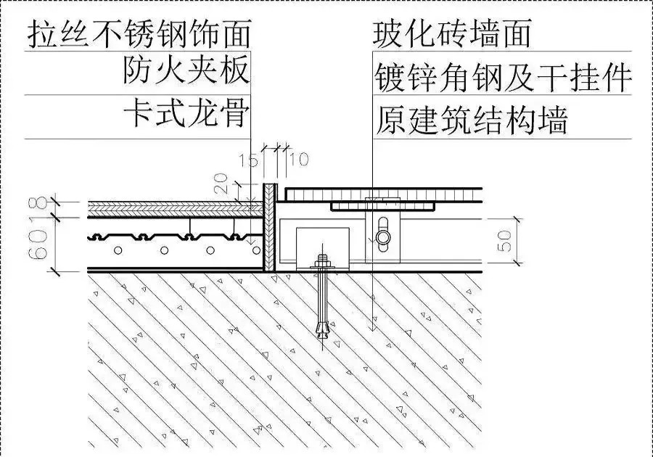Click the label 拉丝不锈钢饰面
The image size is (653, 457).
point(139,33)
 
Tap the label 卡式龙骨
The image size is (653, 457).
point(186,112)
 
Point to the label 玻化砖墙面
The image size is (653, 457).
point(452,33)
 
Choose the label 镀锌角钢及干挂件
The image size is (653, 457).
point(503,78)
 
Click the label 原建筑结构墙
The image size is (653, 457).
point(472,120)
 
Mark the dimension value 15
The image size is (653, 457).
point(249,160)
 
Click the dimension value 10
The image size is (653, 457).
point(299,159)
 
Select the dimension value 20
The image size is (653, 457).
point(222,183)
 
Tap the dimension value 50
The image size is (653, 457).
point(505,241)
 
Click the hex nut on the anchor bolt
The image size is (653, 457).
point(322,263)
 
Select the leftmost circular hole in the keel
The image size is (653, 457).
point(119,250)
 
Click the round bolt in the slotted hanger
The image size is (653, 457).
point(382,238)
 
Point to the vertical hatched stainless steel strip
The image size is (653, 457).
point(269,227)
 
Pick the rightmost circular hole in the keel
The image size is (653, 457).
point(257,250)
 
